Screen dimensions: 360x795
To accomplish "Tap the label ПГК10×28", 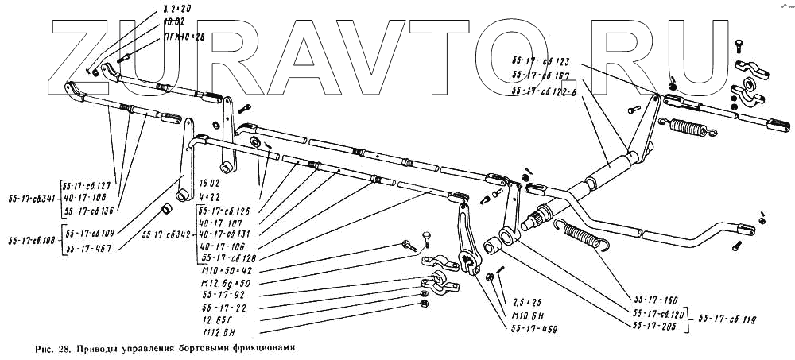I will pyautogui.click(x=162, y=37).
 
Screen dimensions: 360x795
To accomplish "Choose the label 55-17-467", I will pyautogui.click(x=88, y=249).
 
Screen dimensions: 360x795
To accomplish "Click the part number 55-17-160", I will pyautogui.click(x=654, y=302).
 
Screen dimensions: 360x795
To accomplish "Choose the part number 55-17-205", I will pyautogui.click(x=654, y=326).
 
